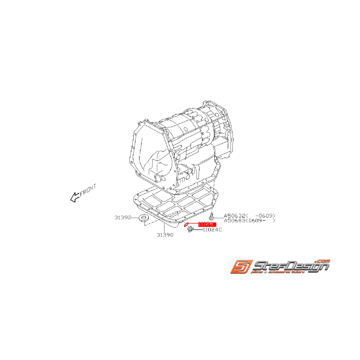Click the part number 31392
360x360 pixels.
click(x=123, y=218)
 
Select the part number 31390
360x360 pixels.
click(x=165, y=235)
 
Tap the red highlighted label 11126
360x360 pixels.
click(x=207, y=224)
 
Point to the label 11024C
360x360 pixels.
click(x=212, y=230)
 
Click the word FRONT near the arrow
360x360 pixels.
click(x=88, y=189)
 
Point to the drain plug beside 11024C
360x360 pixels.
click(x=189, y=230)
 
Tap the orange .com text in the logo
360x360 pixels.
click(x=323, y=260)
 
